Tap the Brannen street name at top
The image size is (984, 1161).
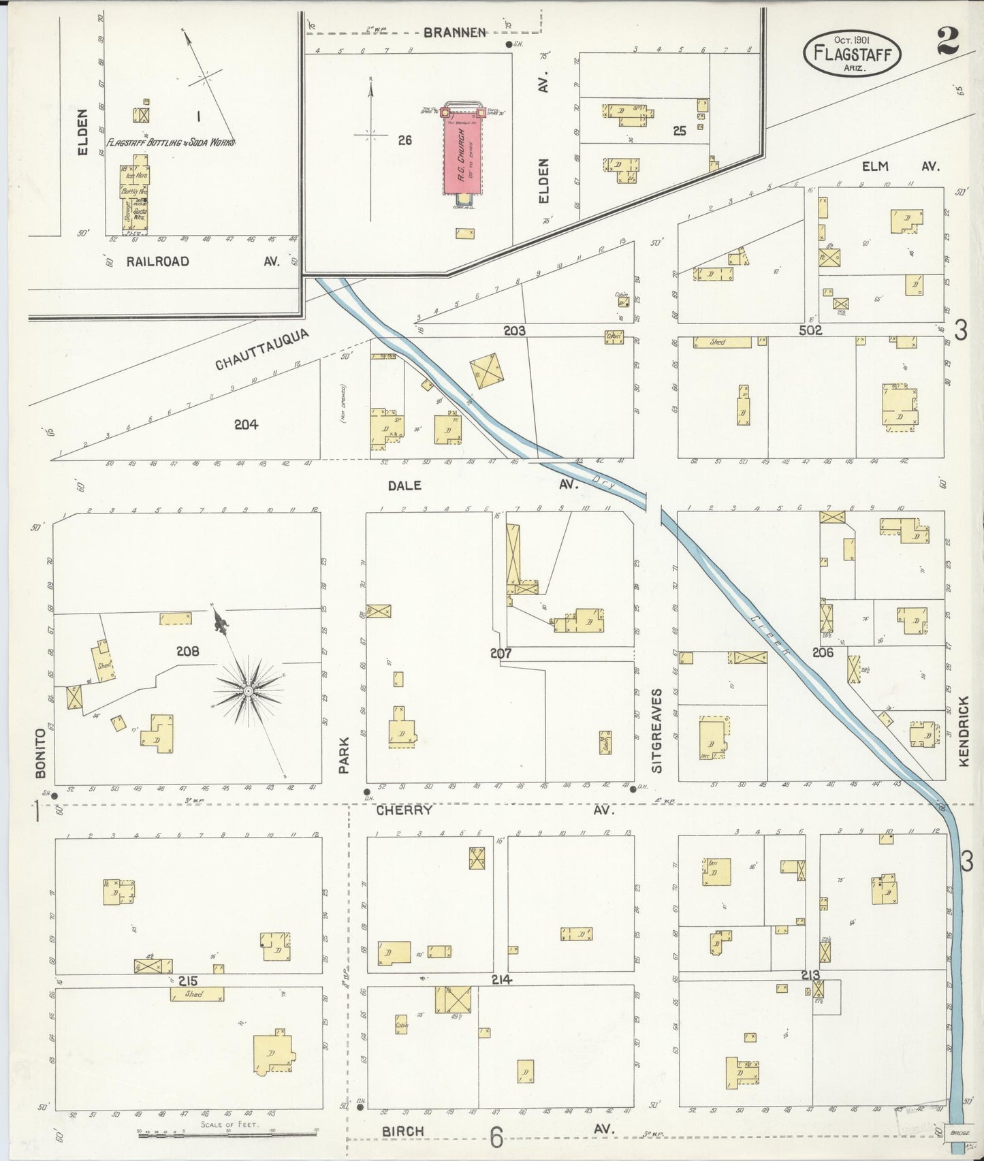tap(455, 32)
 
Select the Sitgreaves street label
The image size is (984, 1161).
tap(656, 730)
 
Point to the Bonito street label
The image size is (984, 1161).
tap(40, 753)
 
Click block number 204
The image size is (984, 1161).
tap(246, 424)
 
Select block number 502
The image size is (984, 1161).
tap(810, 330)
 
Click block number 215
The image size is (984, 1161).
tap(187, 981)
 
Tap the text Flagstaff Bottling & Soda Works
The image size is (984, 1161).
tap(171, 143)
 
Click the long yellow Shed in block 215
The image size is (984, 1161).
tap(197, 994)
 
